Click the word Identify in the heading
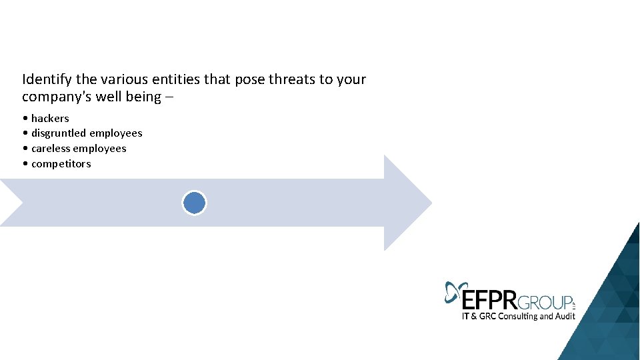[47, 79]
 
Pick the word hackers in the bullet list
[50, 118]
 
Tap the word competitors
[61, 164]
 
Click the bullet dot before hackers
[25, 119]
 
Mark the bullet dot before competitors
[25, 164]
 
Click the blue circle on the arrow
[195, 203]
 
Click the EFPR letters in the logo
[490, 297]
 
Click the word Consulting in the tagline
[514, 316]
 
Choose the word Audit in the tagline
[564, 316]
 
